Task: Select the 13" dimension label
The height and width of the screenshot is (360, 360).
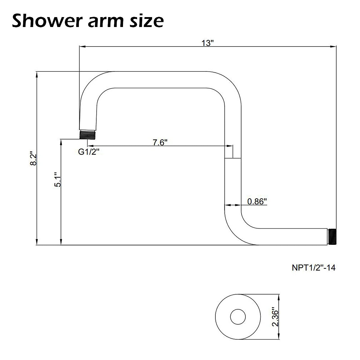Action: [207, 43]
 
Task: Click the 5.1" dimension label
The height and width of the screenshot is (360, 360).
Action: [57, 179]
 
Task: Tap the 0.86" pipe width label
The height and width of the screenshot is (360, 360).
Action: [257, 201]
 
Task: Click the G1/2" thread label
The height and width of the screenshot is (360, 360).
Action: [88, 152]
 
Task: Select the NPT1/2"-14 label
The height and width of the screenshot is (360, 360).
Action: [313, 267]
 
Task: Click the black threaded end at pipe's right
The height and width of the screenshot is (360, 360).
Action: [331, 237]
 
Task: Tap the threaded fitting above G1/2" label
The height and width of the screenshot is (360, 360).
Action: [87, 134]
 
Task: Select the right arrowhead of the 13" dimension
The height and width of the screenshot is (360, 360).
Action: [333, 46]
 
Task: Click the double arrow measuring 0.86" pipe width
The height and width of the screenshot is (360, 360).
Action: [233, 205]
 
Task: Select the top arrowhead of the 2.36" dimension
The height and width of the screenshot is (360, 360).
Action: [279, 297]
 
